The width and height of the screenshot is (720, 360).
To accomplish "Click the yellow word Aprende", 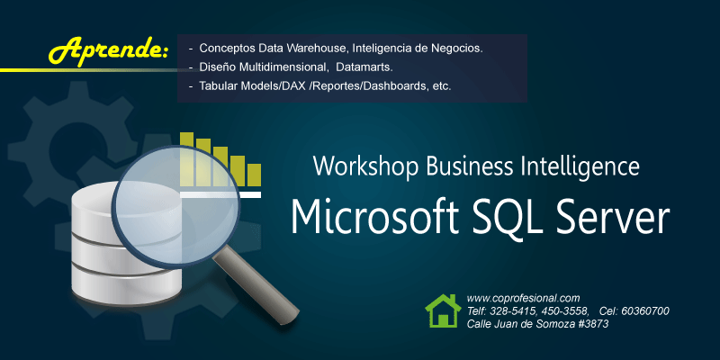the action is pyautogui.click(x=108, y=50).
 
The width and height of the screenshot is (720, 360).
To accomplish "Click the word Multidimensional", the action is pyautogui.click(x=283, y=67).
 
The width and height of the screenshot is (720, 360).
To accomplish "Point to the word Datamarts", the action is pyautogui.click(x=364, y=67).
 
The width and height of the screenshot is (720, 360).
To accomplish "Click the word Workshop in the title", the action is pyautogui.click(x=366, y=166).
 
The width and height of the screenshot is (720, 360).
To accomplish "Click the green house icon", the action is pyautogui.click(x=443, y=310).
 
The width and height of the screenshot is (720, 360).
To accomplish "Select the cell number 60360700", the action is pyautogui.click(x=645, y=310).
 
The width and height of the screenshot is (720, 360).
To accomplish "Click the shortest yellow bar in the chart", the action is pyautogui.click(x=254, y=175).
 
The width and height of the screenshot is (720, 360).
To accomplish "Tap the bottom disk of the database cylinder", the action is pyautogui.click(x=127, y=284).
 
